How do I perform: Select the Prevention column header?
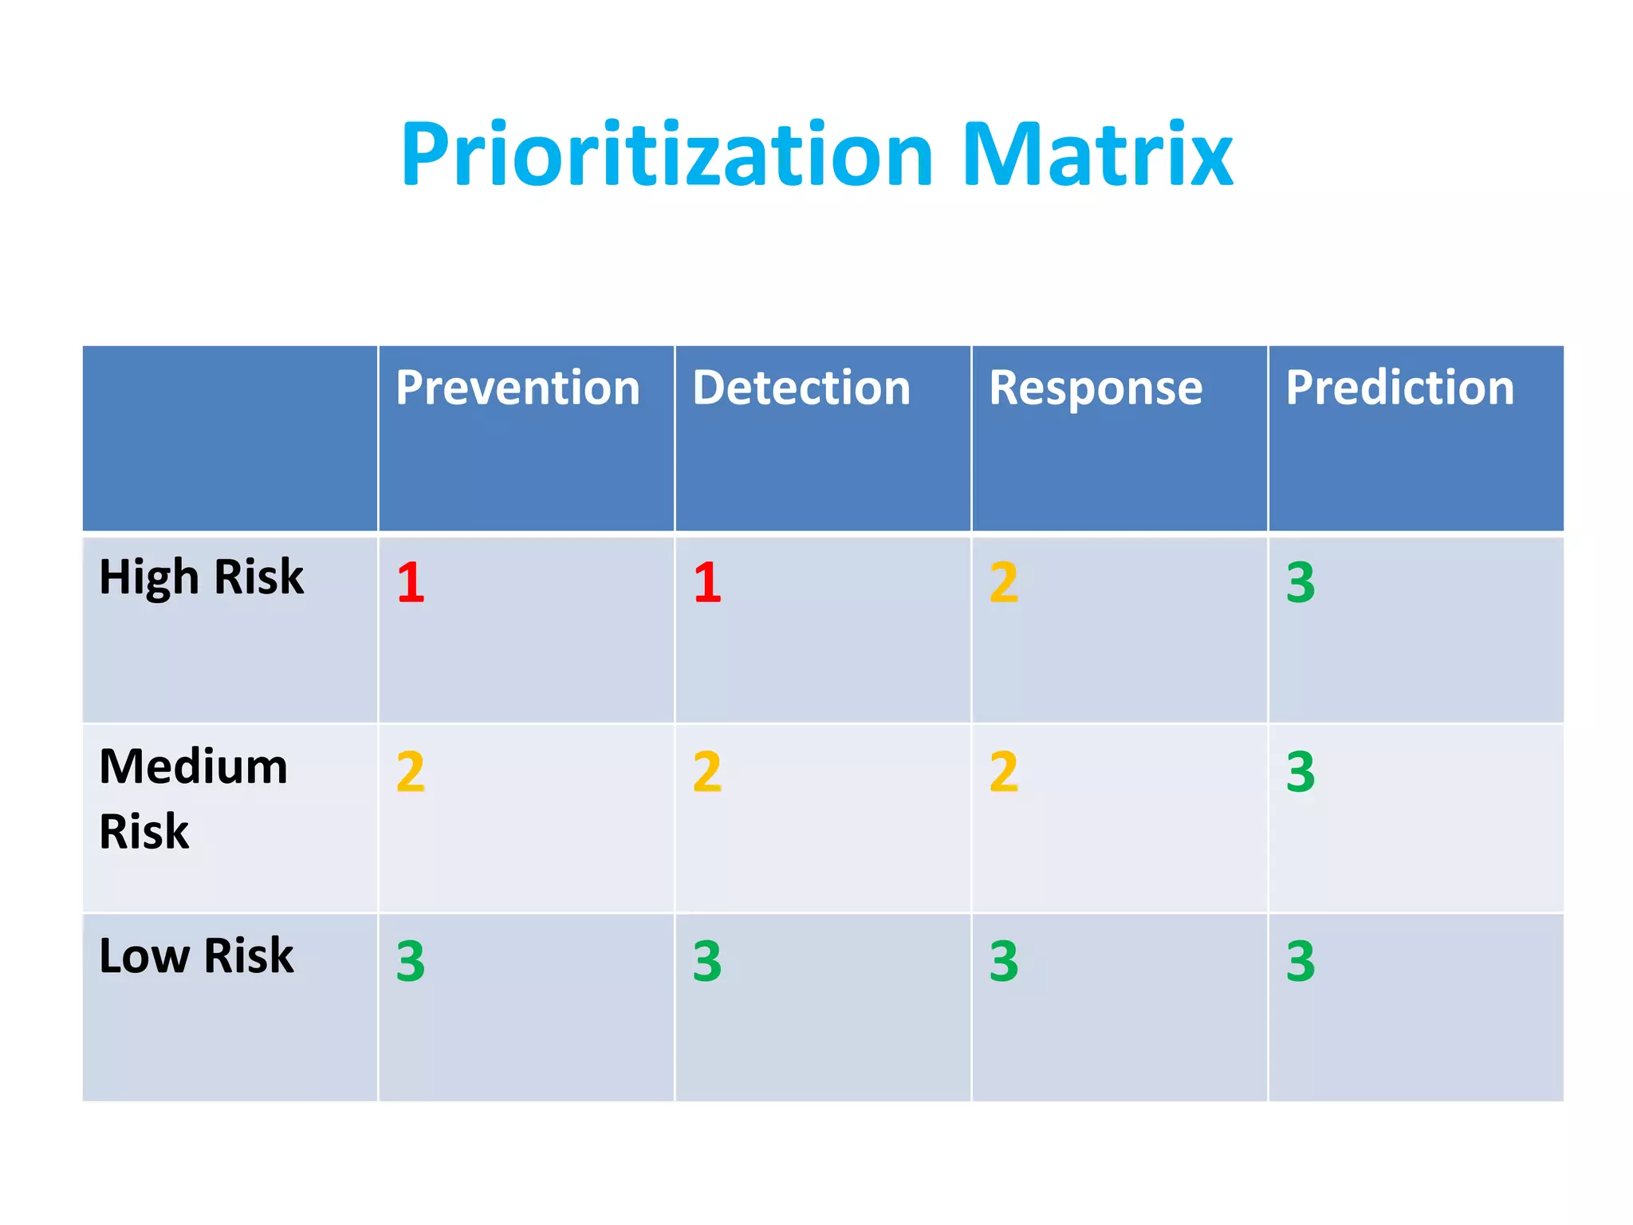pos(517,388)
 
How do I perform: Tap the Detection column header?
pos(801,388)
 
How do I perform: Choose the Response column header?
pos(1096,388)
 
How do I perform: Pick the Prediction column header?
pos(1399,388)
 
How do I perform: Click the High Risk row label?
pos(201,577)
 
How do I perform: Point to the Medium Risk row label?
pos(193,798)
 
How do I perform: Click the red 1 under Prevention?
pos(411,582)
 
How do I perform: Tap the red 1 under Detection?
pos(707,582)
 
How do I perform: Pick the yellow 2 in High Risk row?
pos(1004,582)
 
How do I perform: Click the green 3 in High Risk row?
pos(1300,582)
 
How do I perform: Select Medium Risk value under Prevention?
pos(411,771)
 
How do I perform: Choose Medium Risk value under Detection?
pos(707,771)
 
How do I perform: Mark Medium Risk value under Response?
pos(1004,771)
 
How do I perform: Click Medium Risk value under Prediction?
pos(1300,771)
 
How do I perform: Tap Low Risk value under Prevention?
pos(411,961)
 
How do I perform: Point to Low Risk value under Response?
pos(1004,961)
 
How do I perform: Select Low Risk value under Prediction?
pos(1300,961)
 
